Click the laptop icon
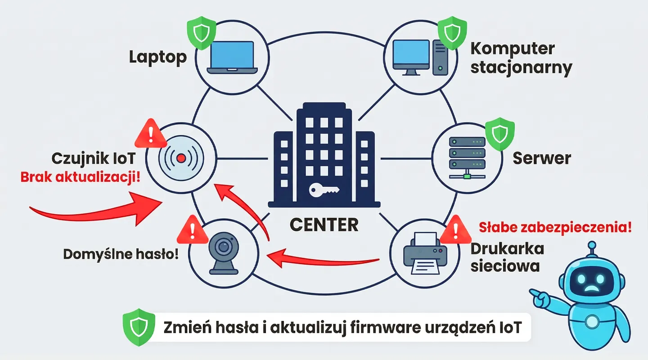pos(232,57)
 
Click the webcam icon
pos(223,253)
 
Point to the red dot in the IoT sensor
pos(181,158)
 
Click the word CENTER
pos(324,224)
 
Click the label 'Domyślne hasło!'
pos(121,254)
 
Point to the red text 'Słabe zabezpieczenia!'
pos(554,227)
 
